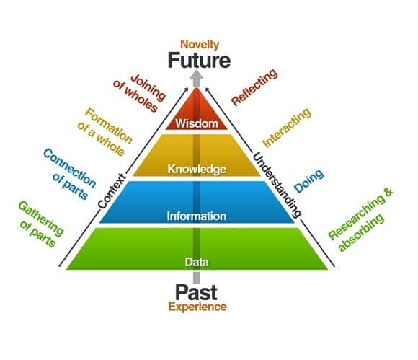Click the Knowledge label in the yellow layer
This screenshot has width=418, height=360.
tap(197, 170)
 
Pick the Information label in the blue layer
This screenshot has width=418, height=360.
tap(197, 216)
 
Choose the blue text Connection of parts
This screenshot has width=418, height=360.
tap(69, 172)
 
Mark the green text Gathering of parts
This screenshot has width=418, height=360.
tap(40, 221)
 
